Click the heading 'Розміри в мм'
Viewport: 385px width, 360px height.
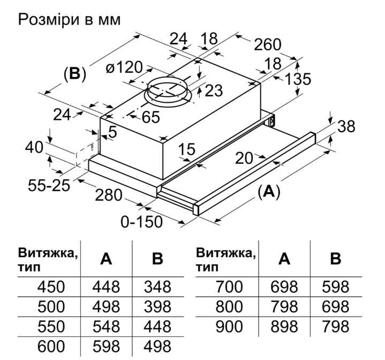[x=69, y=20]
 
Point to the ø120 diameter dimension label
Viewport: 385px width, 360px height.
[x=124, y=68]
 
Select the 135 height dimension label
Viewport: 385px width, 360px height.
[x=298, y=79]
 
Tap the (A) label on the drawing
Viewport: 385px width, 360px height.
[x=269, y=191]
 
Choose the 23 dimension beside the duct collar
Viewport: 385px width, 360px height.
[x=213, y=91]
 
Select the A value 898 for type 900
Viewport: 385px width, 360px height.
[x=284, y=326]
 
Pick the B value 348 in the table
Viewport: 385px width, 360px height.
[x=157, y=287]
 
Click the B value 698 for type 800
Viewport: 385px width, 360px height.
[x=336, y=307]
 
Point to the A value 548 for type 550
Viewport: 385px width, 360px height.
[x=106, y=326]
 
